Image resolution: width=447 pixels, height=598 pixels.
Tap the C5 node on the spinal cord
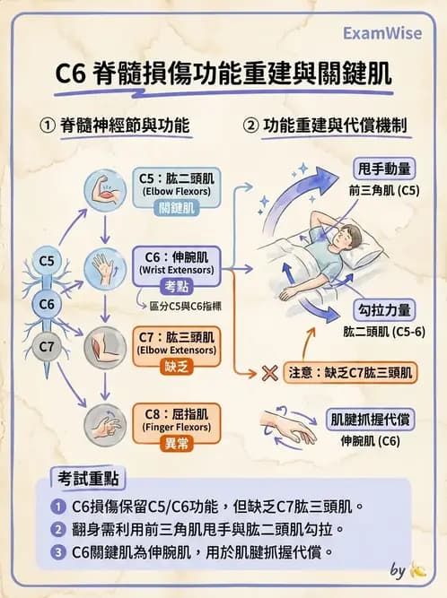click(x=48, y=261)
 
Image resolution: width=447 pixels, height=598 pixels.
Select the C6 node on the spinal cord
click(x=48, y=304)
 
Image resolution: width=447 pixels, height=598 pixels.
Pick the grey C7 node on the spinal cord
click(x=48, y=344)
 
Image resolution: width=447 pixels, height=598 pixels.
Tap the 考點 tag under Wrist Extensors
click(x=175, y=286)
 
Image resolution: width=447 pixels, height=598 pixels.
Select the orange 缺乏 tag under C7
click(x=175, y=368)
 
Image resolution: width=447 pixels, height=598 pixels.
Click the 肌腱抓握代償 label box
click(x=372, y=419)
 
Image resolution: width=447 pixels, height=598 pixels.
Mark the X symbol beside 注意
click(x=267, y=372)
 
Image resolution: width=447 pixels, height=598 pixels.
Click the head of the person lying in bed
click(x=346, y=239)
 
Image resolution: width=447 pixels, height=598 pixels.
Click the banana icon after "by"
click(x=417, y=570)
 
